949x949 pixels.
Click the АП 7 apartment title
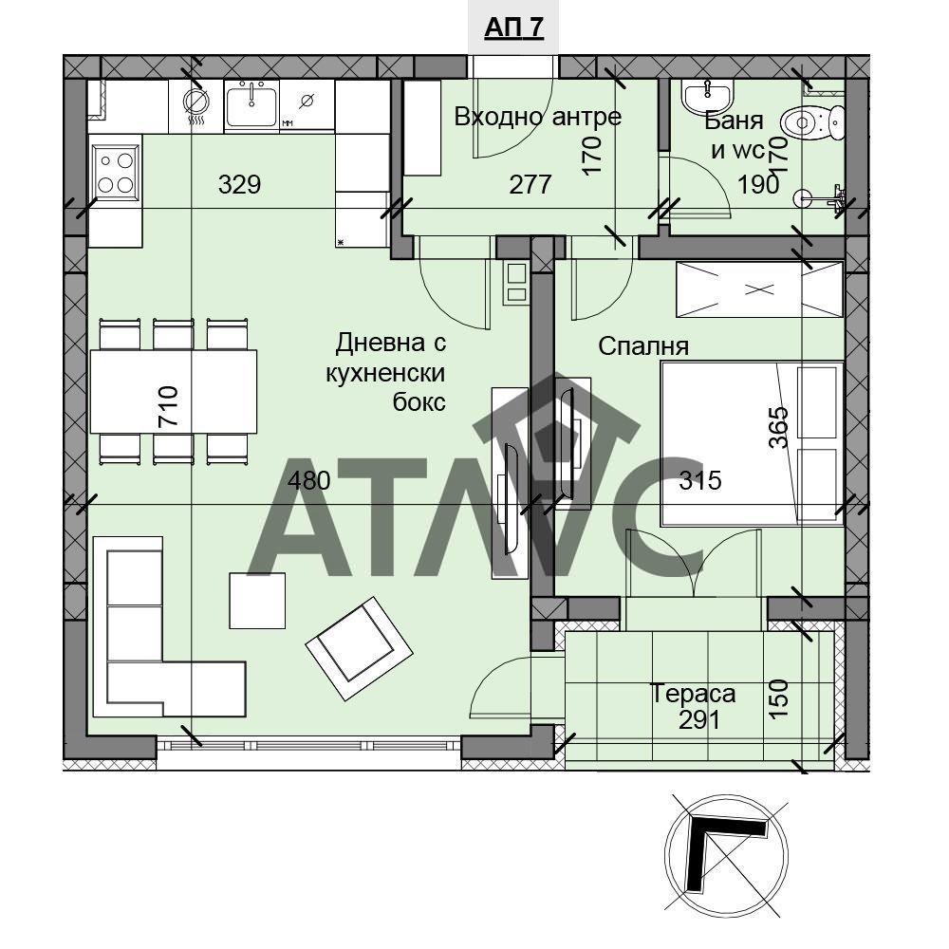click(513, 28)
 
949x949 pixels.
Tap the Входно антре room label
click(537, 116)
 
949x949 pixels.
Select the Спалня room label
click(643, 346)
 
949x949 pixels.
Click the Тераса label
click(693, 694)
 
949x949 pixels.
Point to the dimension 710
click(168, 407)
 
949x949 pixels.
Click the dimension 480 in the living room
click(308, 480)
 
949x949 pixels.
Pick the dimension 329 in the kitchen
click(239, 184)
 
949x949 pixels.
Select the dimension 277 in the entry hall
click(530, 185)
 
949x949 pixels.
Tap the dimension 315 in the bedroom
click(700, 480)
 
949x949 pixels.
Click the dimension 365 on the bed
click(779, 427)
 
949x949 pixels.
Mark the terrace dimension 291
click(699, 720)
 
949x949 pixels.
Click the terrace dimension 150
click(779, 699)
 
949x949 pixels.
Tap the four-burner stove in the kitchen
click(116, 171)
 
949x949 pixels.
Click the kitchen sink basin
click(251, 105)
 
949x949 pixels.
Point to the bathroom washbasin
click(707, 96)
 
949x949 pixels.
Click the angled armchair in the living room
click(359, 649)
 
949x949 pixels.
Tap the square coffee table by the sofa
click(257, 601)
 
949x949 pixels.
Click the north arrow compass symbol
click(726, 855)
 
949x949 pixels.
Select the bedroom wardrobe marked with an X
click(759, 289)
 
